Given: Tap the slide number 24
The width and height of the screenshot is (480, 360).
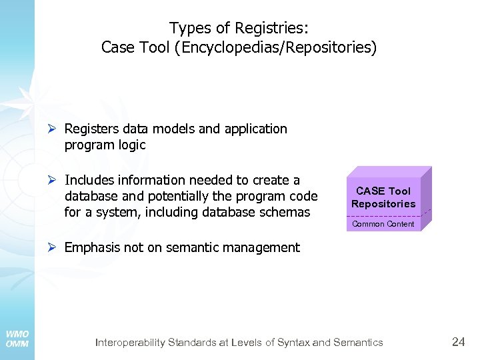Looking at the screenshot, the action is (x=459, y=342).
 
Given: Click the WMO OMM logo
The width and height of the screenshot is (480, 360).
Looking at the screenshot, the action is (x=17, y=339).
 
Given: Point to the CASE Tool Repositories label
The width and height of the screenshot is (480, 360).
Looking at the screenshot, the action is (x=383, y=197).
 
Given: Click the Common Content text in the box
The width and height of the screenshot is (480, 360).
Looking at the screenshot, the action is (x=383, y=224).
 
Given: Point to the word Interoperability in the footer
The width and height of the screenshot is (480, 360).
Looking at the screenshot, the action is (x=131, y=343).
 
